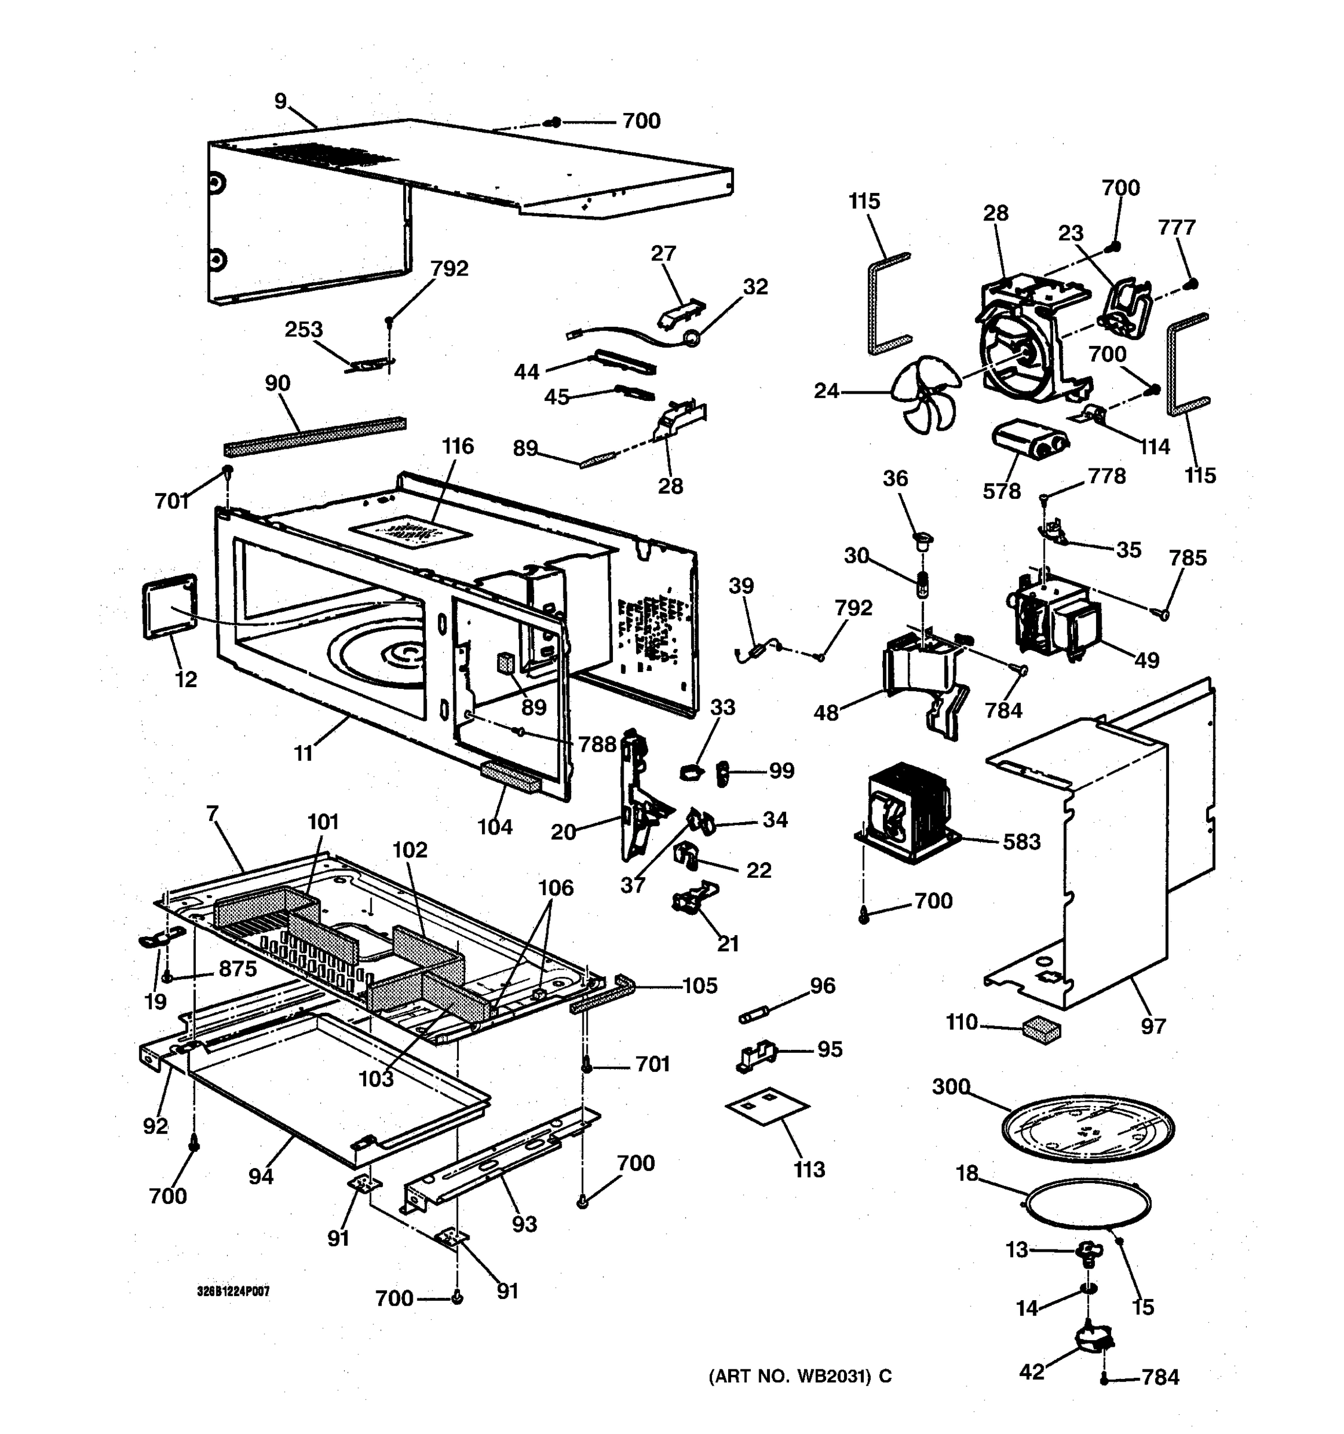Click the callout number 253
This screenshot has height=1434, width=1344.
tap(303, 330)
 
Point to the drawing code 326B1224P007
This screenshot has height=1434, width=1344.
tap(233, 1291)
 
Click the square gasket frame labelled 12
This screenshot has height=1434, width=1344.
tap(170, 606)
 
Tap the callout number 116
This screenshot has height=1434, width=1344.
tap(458, 446)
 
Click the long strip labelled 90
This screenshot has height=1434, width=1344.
tap(314, 436)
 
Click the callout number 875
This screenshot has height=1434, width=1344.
tap(237, 969)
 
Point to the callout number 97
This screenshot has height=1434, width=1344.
tap(1153, 1025)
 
